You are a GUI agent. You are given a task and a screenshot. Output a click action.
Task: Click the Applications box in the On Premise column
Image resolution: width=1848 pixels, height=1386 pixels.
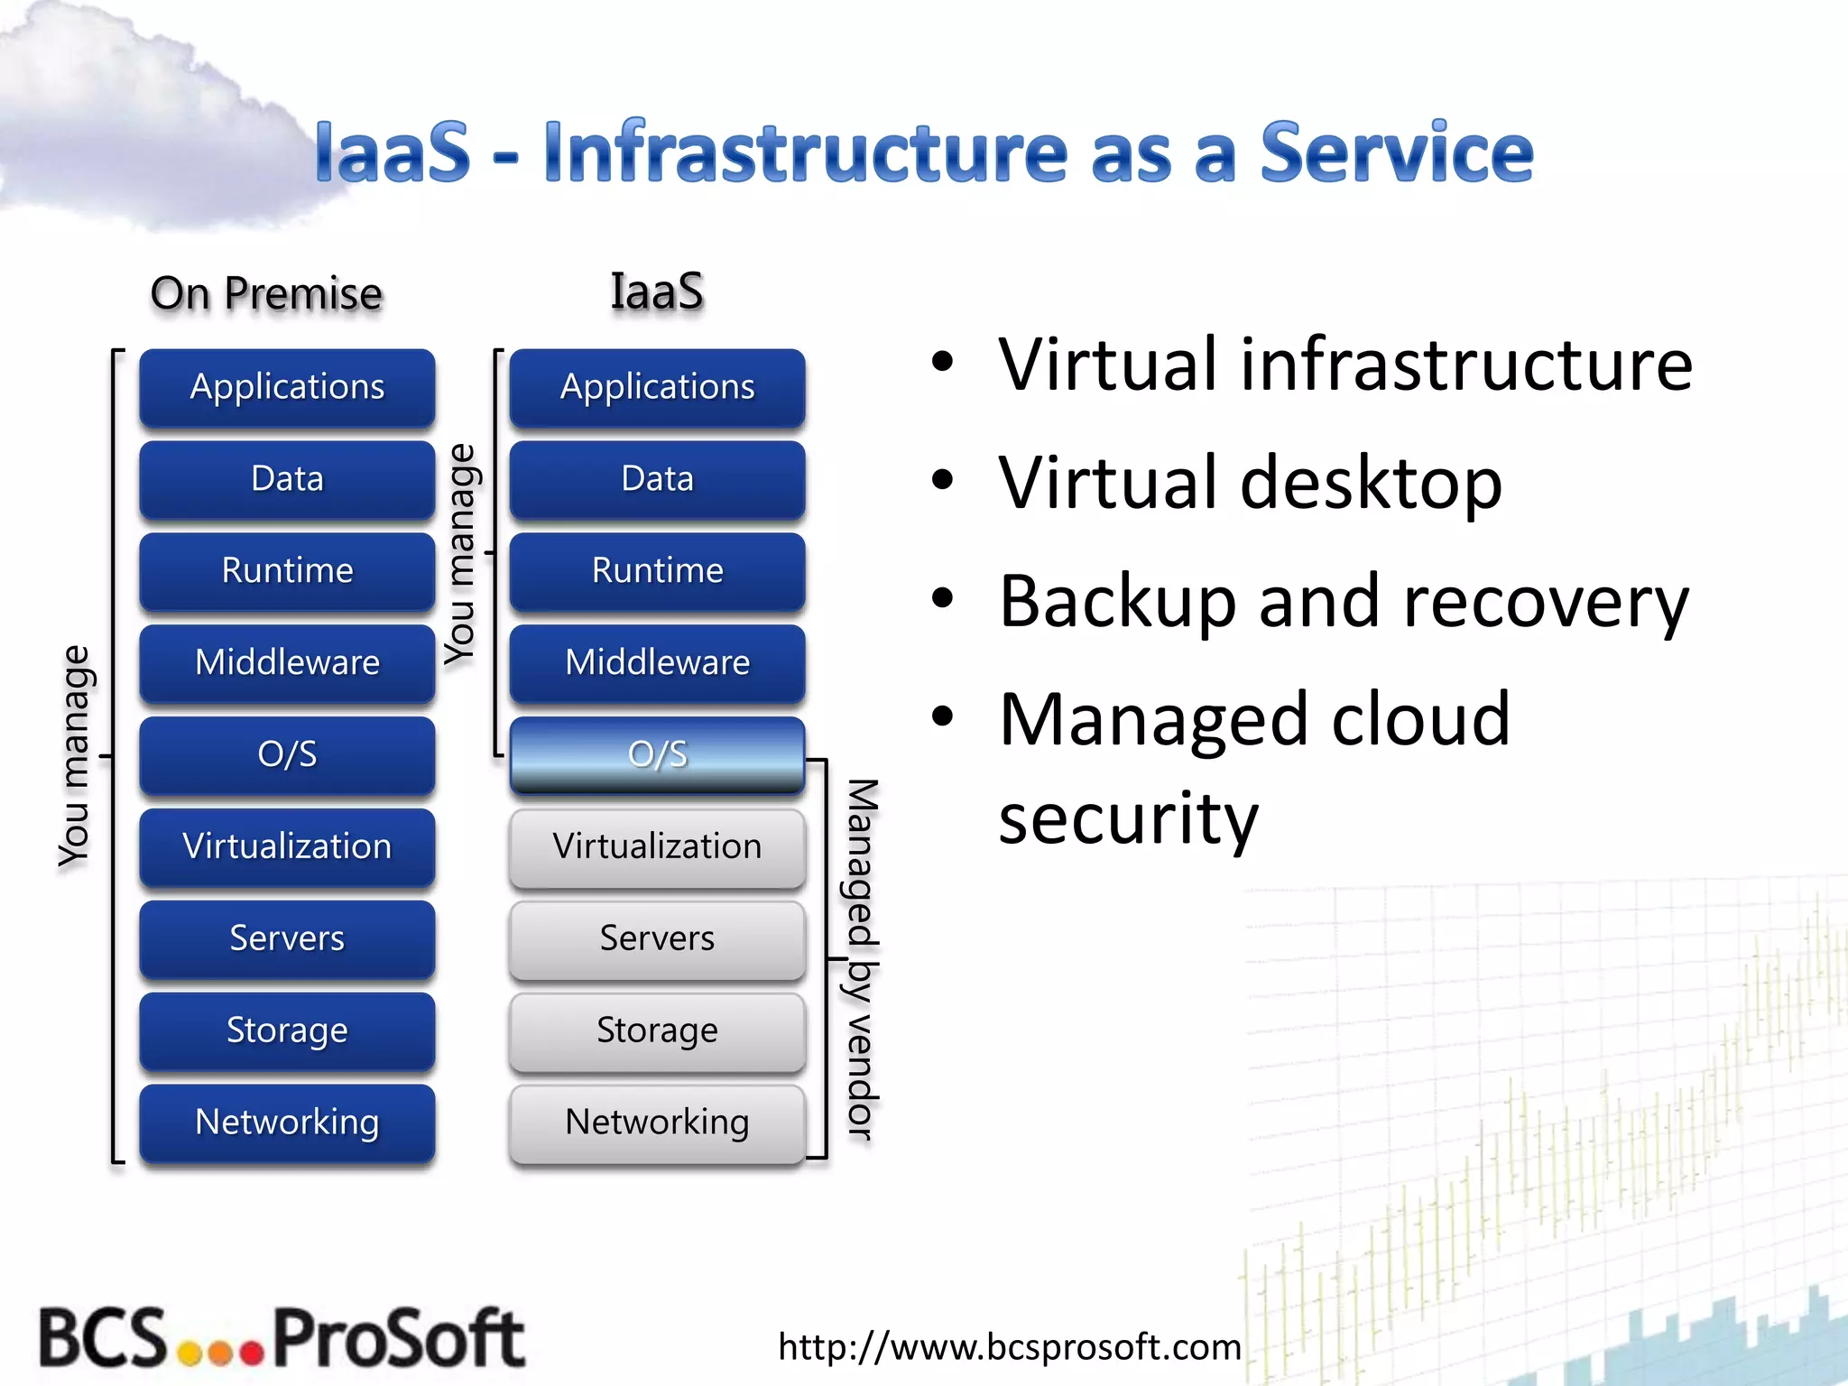click(287, 387)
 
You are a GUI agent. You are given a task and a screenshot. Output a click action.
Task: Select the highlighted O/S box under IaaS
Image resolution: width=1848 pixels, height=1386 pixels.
click(657, 754)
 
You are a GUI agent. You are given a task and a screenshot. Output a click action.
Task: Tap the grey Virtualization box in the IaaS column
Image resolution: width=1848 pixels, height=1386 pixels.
click(657, 846)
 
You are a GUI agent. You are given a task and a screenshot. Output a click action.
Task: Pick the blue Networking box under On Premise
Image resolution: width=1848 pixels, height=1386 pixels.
click(287, 1123)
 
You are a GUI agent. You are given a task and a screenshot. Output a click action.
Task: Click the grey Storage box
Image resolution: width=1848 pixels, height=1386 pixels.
click(657, 1030)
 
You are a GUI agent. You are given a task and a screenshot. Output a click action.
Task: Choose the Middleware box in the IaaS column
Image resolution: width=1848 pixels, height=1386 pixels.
click(657, 662)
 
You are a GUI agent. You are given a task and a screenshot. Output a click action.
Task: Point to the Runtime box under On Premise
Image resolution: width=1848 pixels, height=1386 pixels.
click(287, 570)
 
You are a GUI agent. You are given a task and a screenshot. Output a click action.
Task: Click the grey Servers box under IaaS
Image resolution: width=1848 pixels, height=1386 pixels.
click(657, 938)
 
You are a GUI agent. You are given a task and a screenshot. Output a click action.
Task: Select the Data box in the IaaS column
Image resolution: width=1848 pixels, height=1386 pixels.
click(657, 478)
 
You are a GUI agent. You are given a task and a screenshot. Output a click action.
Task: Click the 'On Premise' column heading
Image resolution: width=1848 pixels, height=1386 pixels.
click(266, 294)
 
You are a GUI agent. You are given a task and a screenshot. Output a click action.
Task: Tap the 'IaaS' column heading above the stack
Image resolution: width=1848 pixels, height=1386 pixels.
click(657, 292)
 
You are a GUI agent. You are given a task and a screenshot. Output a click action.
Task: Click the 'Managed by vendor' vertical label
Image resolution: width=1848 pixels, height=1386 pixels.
click(862, 958)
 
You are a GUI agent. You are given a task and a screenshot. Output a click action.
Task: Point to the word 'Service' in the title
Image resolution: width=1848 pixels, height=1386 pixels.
click(1396, 153)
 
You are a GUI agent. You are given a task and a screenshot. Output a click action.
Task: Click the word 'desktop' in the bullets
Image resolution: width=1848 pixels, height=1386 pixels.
click(1371, 484)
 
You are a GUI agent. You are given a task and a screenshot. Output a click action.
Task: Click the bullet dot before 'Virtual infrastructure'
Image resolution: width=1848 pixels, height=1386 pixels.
click(942, 363)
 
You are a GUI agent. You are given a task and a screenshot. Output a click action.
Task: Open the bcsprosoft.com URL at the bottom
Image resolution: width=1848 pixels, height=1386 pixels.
click(1009, 1346)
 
